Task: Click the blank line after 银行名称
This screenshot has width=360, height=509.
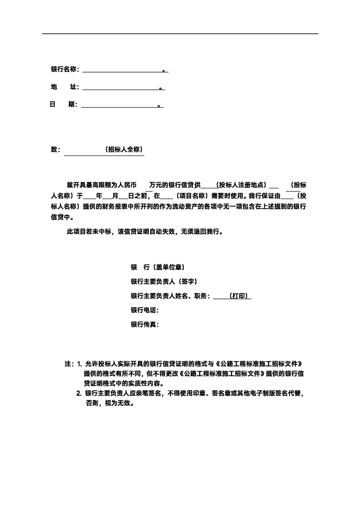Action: pyautogui.click(x=123, y=71)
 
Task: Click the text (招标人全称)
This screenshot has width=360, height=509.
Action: pyautogui.click(x=123, y=150)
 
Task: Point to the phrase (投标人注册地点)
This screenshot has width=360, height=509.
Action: pyautogui.click(x=241, y=185)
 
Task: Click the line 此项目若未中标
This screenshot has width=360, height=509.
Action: pyautogui.click(x=145, y=231)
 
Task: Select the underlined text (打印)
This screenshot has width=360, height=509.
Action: pyautogui.click(x=239, y=296)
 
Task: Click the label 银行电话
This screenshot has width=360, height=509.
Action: pyautogui.click(x=144, y=310)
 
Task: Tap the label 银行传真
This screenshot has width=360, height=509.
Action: pyautogui.click(x=144, y=325)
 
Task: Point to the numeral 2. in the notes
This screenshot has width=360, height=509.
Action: pyautogui.click(x=79, y=393)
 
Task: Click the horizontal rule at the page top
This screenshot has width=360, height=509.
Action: pyautogui.click(x=180, y=34)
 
